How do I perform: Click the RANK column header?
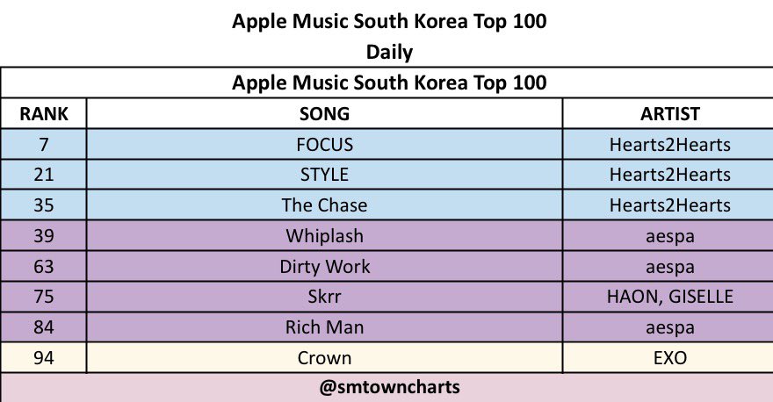[x=43, y=114]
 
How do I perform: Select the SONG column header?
[x=324, y=114]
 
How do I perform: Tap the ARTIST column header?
[x=669, y=114]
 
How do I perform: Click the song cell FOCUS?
[x=324, y=144]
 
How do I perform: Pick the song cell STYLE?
[x=324, y=175]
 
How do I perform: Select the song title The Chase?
[x=324, y=205]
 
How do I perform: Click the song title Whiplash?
[x=324, y=236]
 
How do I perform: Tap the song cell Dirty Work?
[x=324, y=267]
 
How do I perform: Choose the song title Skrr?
[x=324, y=297]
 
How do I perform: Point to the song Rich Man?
[x=324, y=327]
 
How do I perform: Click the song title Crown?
[x=324, y=358]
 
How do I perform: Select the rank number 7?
[x=43, y=144]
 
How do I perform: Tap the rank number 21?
[x=43, y=175]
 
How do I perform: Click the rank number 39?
[x=43, y=236]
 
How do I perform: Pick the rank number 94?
[x=43, y=358]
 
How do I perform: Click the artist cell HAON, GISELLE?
[x=669, y=297]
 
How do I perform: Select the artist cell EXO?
[x=669, y=358]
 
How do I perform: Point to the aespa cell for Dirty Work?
[x=669, y=267]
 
